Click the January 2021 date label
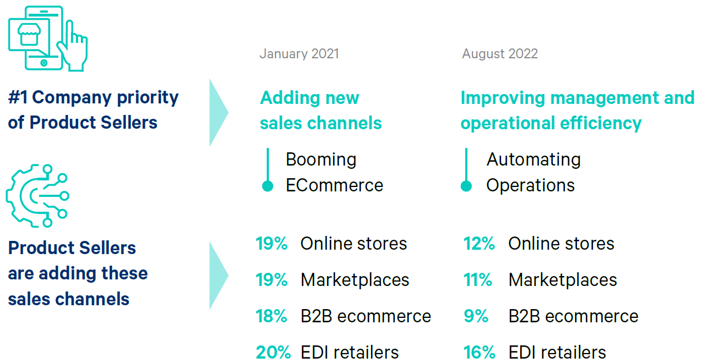(x=299, y=54)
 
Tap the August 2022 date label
(x=500, y=54)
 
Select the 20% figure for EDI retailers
(x=273, y=353)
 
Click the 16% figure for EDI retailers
(x=480, y=353)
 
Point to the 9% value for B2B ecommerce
(x=476, y=316)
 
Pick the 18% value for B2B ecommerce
(x=271, y=316)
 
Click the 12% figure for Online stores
(x=479, y=244)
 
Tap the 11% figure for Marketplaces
(x=478, y=280)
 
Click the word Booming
(x=321, y=160)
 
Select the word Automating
(x=534, y=160)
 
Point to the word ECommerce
(x=334, y=185)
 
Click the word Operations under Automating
(x=531, y=186)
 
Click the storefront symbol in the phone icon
(x=29, y=34)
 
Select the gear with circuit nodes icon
(x=37, y=195)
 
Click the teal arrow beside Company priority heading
(x=218, y=113)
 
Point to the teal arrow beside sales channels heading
(x=218, y=276)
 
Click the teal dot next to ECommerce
(x=267, y=186)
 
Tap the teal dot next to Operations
(x=466, y=186)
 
